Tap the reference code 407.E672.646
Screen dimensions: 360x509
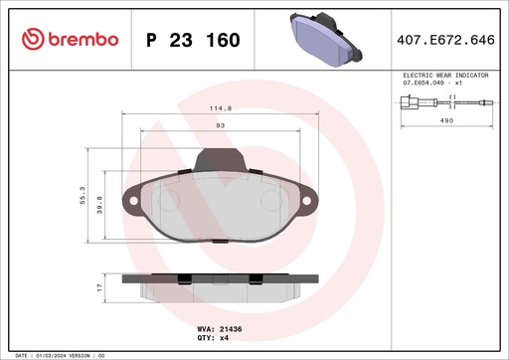pyautogui.click(x=446, y=40)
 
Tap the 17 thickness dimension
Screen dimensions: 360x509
pyautogui.click(x=98, y=287)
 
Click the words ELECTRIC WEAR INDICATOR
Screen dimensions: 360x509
pyautogui.click(x=444, y=76)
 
